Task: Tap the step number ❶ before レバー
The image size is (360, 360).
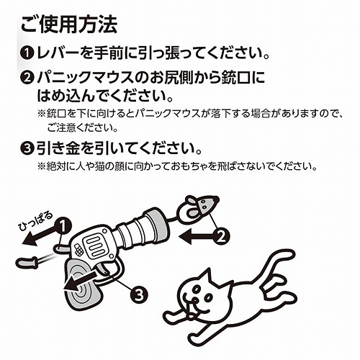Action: (x=26, y=55)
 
